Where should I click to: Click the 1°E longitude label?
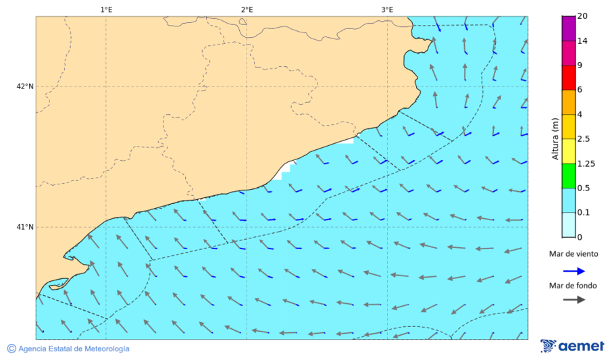point(106,9)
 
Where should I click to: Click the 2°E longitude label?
point(247,9)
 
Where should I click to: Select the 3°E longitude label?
point(387,9)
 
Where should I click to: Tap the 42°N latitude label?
point(25,86)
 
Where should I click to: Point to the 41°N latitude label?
point(25,227)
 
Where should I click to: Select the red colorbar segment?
point(567,78)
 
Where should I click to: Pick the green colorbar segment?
point(567,176)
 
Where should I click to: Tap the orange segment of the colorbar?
point(567,102)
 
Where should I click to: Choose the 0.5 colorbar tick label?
point(583,188)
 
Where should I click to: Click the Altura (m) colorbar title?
point(555,138)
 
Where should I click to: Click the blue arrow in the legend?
point(574,271)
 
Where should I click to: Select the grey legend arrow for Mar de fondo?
point(574,299)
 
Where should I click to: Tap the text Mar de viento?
point(574,254)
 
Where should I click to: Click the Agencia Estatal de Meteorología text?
point(74,349)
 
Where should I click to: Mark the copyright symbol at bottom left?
point(11,349)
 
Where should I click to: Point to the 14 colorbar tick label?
point(582,41)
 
